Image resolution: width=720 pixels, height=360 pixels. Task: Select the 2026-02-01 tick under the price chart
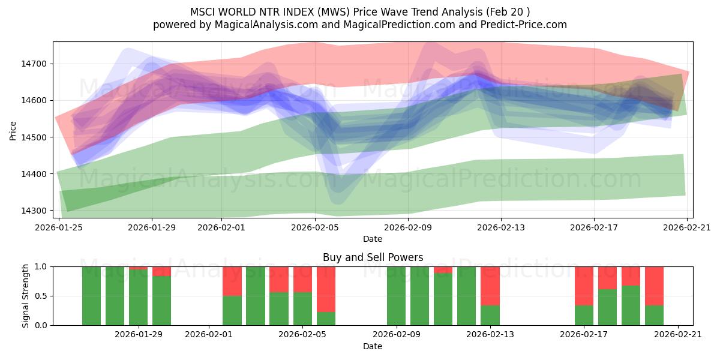tap(221, 227)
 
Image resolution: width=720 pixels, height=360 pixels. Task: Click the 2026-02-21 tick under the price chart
tap(687, 227)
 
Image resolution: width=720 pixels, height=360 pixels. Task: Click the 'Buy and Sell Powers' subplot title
tap(373, 257)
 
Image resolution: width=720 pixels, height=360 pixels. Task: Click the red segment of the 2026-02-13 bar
tap(490, 286)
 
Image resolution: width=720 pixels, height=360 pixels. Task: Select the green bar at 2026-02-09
tap(397, 296)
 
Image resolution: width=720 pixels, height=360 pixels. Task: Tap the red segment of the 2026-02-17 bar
tap(584, 286)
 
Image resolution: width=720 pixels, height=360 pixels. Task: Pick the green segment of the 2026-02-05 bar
tap(302, 308)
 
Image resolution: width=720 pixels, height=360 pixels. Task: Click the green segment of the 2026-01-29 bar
tap(139, 297)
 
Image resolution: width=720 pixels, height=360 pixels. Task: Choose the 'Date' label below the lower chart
tap(373, 346)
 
